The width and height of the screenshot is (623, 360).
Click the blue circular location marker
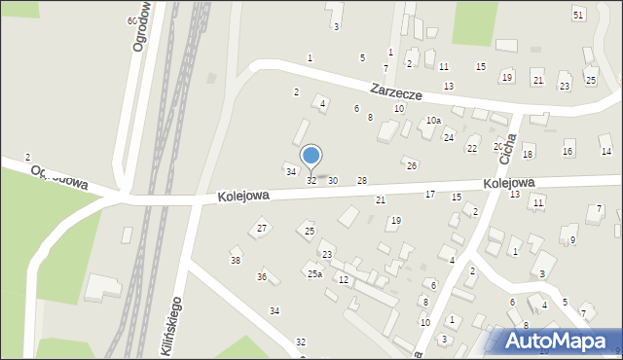[x=311, y=156]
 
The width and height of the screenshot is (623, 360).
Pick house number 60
[x=131, y=20]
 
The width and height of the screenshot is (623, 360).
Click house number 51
[x=578, y=15]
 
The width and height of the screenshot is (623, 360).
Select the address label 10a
[x=433, y=121]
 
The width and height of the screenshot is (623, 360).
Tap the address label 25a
[x=314, y=274]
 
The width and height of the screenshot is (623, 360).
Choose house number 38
[x=235, y=261]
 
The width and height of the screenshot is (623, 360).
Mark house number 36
[x=262, y=277]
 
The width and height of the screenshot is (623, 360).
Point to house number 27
[x=262, y=229]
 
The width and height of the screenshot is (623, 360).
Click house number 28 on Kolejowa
[x=362, y=181]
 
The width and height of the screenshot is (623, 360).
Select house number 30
[x=333, y=181]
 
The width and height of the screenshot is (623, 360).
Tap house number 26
[x=412, y=166]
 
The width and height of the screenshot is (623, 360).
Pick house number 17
[x=430, y=195]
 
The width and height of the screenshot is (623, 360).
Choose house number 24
[x=449, y=138]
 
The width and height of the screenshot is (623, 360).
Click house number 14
[x=605, y=152]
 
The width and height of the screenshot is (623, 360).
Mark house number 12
[x=344, y=280]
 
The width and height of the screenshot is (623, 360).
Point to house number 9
[x=573, y=240]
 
